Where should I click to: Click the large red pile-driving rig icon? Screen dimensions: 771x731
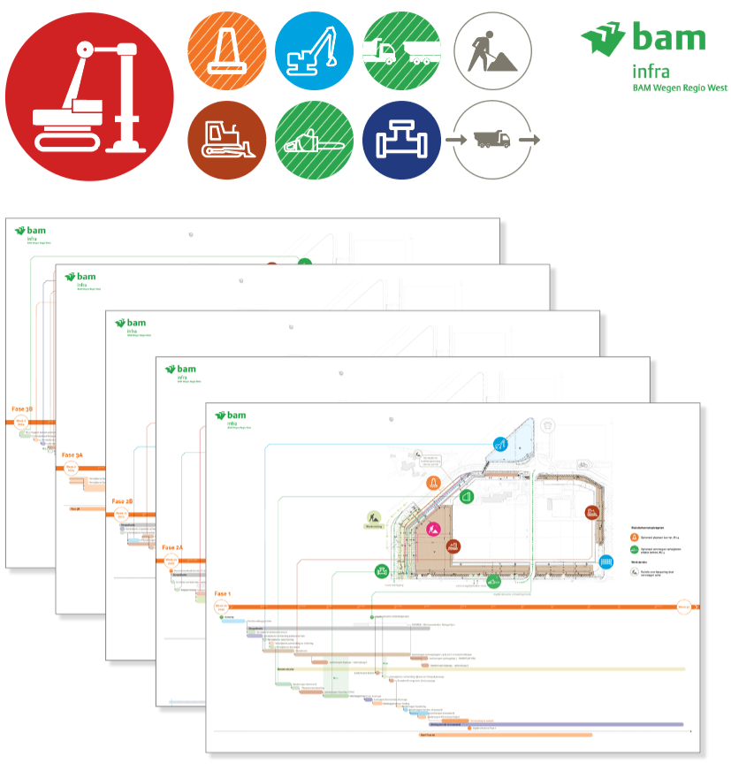pyautogui.click(x=89, y=95)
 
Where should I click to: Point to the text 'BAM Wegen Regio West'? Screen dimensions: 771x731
pyautogui.click(x=680, y=88)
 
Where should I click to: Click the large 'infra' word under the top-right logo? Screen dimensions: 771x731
pyautogui.click(x=651, y=71)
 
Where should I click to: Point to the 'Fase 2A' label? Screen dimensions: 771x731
pyautogui.click(x=172, y=548)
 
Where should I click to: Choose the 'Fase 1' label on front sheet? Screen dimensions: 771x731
pyautogui.click(x=222, y=594)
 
